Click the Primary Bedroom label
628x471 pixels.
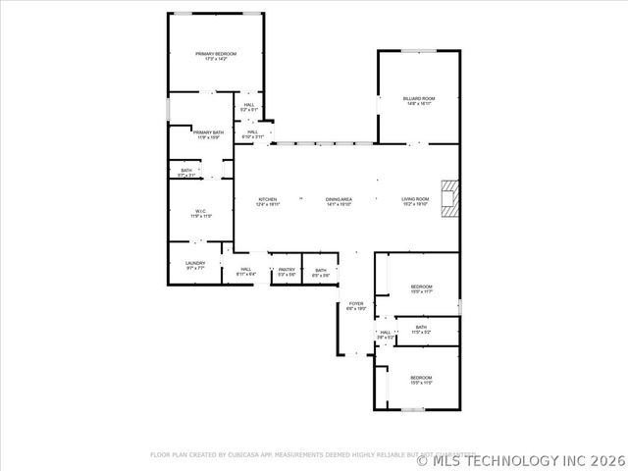click(217, 57)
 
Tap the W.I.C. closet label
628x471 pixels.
click(199, 212)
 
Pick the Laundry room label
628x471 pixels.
click(195, 265)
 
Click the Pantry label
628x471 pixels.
click(287, 272)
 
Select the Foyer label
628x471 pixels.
click(356, 306)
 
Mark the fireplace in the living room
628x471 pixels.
click(449, 197)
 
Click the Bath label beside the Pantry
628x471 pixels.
click(321, 272)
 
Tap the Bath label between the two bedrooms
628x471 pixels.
click(421, 330)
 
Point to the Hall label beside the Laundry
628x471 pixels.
click(245, 272)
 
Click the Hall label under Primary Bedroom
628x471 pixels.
click(249, 107)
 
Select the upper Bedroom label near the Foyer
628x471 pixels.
click(421, 288)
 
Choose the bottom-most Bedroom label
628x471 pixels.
click(421, 380)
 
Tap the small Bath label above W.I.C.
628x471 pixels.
click(186, 173)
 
